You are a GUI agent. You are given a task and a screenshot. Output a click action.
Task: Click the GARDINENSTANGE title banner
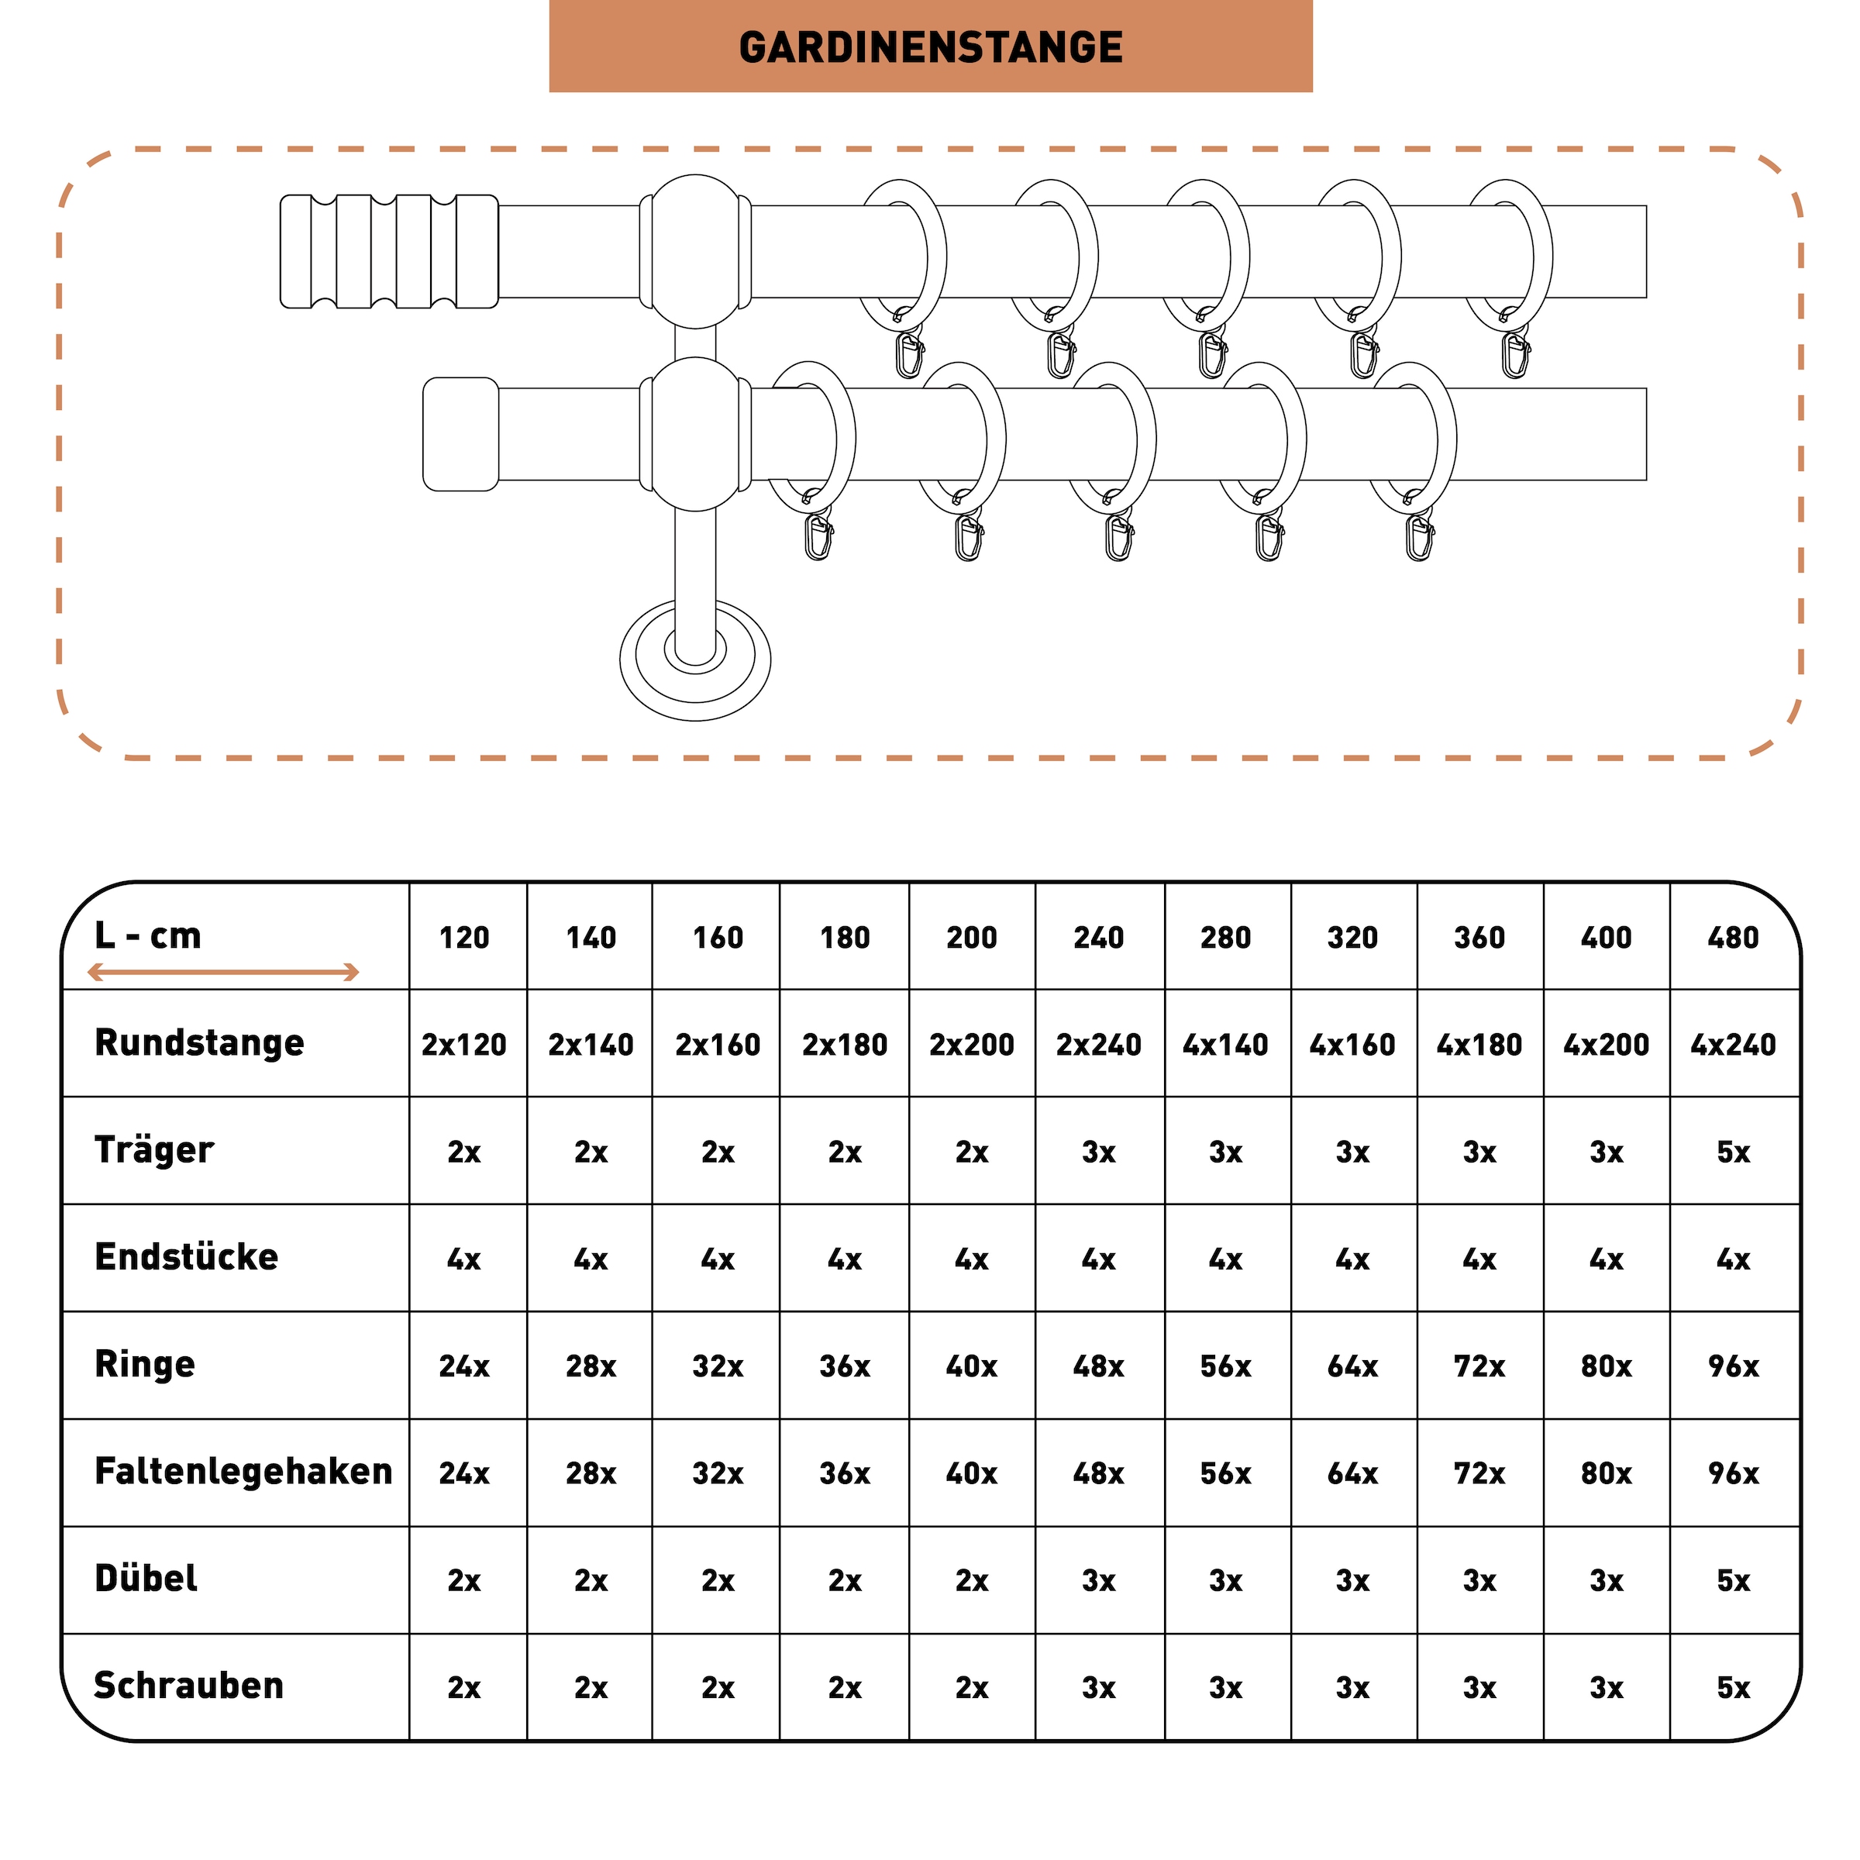pos(930,46)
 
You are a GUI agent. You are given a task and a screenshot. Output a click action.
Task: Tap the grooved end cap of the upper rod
pos(389,251)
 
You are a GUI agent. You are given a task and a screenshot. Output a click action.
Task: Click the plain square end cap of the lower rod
pos(460,434)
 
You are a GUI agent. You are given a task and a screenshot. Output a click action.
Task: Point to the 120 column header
pos(464,938)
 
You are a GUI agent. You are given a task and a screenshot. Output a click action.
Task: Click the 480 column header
pos(1733,938)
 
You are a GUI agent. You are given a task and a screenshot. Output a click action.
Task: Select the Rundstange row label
pos(199,1042)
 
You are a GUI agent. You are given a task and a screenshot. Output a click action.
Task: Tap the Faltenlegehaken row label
pos(243,1471)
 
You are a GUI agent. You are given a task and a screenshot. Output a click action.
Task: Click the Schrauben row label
pos(188,1686)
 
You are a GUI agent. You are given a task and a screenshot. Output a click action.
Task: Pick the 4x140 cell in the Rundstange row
pos(1225,1045)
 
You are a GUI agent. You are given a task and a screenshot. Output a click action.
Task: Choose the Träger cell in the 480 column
pos(1733,1152)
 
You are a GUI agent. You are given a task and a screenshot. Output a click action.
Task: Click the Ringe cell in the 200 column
pos(971,1366)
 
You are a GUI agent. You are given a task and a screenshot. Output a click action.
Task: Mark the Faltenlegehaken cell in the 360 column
pos(1479,1473)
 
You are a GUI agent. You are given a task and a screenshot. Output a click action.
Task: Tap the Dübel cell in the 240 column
pos(1098,1580)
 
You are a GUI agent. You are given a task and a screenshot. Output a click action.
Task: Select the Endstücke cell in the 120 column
pos(464,1259)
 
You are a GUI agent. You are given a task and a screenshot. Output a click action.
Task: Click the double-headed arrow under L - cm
pos(223,973)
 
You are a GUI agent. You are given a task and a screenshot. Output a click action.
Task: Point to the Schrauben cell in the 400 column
pos(1606,1688)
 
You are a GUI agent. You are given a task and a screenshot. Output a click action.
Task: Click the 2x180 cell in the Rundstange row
pos(844,1045)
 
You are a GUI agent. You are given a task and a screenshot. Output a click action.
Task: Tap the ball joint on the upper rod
pos(695,251)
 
